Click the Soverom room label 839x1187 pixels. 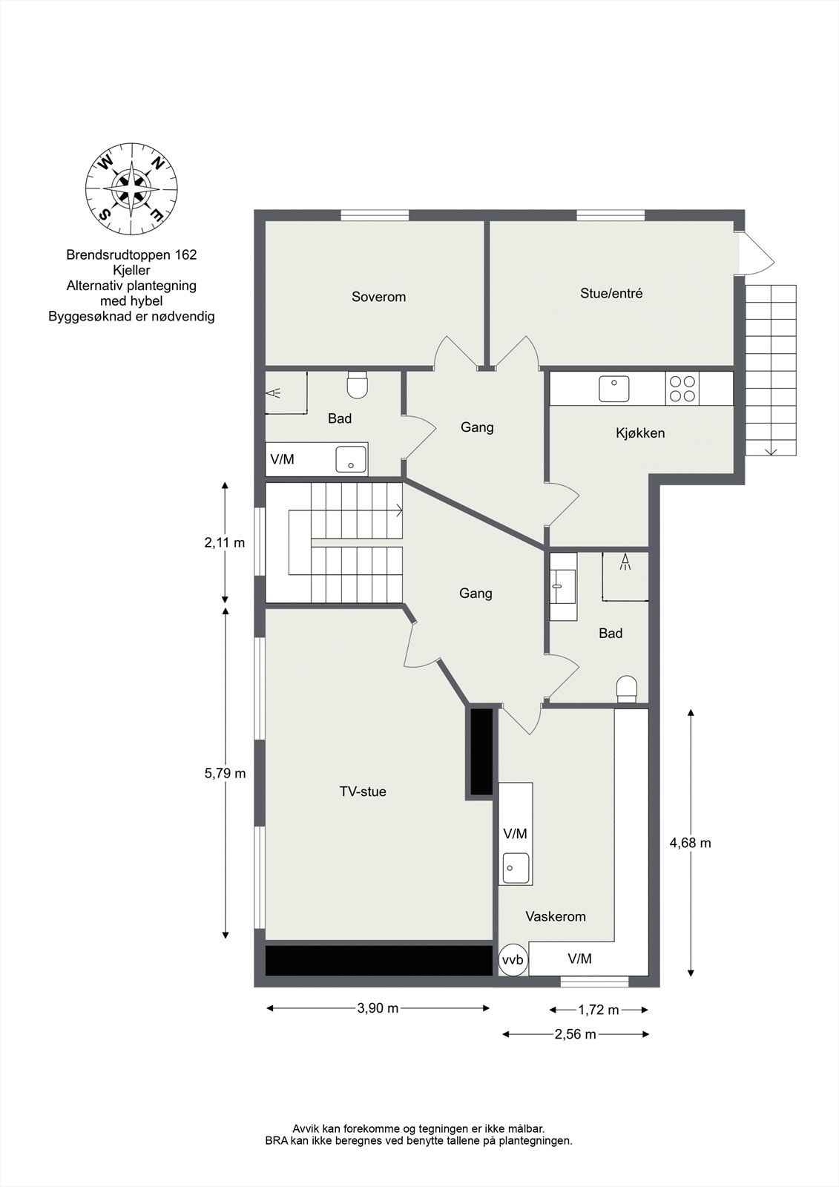[x=378, y=297]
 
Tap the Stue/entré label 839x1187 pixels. [x=611, y=293]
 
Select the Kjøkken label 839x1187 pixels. [x=640, y=433]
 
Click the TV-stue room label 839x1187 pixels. [x=363, y=792]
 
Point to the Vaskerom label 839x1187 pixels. [x=556, y=916]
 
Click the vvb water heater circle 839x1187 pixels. [x=513, y=960]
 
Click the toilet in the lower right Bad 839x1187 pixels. [x=627, y=688]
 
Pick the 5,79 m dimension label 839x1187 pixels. [x=225, y=773]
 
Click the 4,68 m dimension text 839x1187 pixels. [x=690, y=843]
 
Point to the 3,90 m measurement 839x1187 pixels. [x=378, y=1007]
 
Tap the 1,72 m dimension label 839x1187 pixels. [x=598, y=1010]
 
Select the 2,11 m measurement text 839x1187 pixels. [x=224, y=542]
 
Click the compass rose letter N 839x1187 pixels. [x=157, y=162]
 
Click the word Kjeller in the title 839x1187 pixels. [x=131, y=270]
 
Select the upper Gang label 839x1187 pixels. [x=477, y=427]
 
